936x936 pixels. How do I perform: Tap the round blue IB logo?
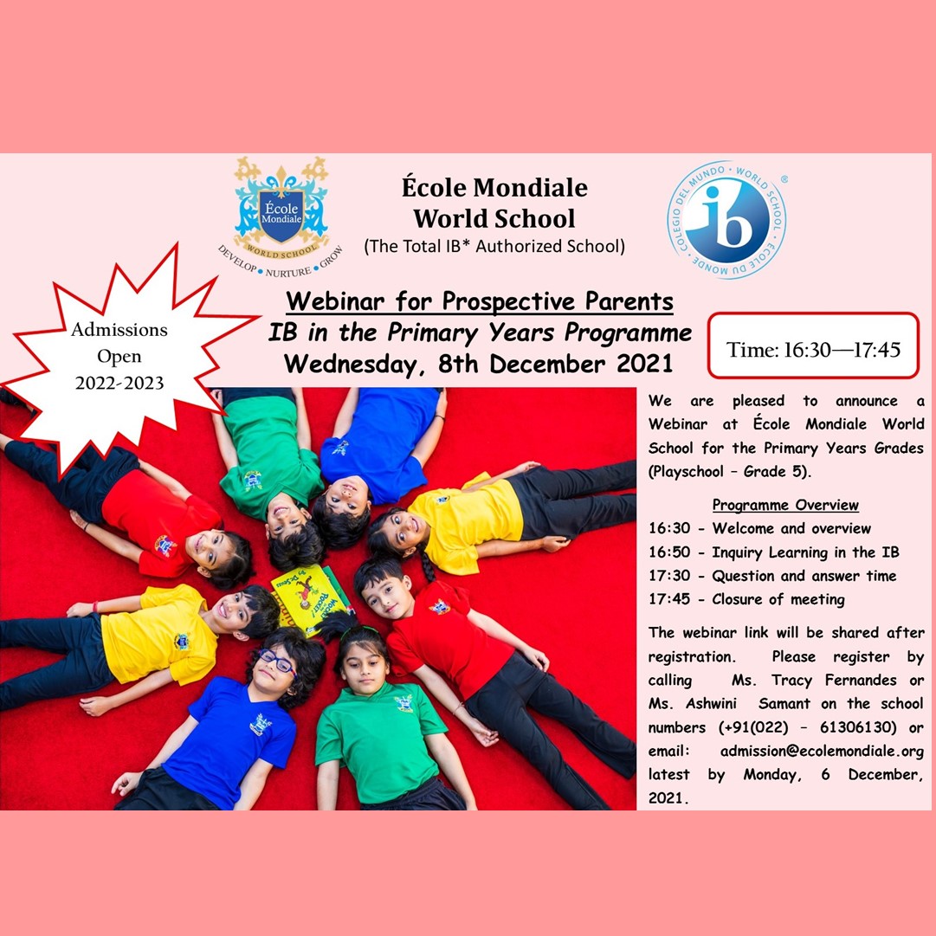coord(726,219)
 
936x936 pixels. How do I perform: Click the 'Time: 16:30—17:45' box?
coord(813,345)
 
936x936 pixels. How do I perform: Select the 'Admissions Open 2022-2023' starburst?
coord(119,357)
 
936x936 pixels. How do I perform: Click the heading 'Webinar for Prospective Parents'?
coord(480,301)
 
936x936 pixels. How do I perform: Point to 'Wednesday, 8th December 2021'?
coord(478,364)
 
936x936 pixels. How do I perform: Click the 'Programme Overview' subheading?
coord(785,505)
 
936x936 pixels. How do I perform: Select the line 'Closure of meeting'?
coord(778,599)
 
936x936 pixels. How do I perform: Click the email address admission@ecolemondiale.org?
coord(822,751)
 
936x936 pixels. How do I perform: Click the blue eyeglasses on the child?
coord(277,662)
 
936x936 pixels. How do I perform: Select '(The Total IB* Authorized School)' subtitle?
coord(494,247)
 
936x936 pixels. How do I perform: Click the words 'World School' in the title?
coord(494,218)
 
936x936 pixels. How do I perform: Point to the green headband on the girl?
coord(360,630)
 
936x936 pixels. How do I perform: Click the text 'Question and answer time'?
coord(804,576)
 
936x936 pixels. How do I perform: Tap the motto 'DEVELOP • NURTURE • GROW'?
coord(280,262)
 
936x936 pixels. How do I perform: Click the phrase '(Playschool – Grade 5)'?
coord(730,472)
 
